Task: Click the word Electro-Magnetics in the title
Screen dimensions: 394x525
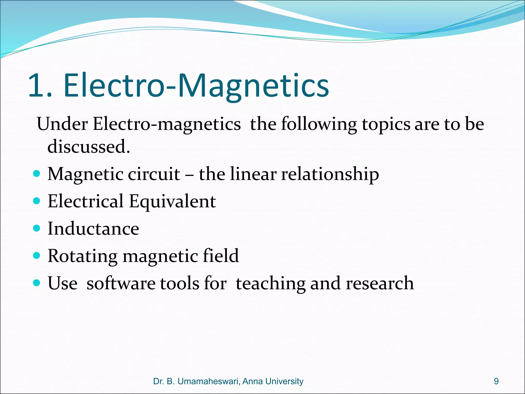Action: tap(196, 86)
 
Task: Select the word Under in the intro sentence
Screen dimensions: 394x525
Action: tap(62, 124)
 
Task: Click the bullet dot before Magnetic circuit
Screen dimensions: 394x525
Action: tap(37, 174)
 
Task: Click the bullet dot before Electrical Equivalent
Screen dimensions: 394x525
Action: tap(37, 201)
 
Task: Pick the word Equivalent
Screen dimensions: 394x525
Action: tap(172, 202)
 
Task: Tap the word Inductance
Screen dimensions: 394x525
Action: tap(93, 229)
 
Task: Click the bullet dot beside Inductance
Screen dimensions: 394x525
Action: tap(37, 228)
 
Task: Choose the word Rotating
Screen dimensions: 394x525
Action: tap(82, 256)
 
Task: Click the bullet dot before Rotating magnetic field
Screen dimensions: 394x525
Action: tap(37, 255)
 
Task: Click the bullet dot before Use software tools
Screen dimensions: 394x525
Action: tap(37, 283)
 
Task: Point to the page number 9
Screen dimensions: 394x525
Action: tap(496, 381)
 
